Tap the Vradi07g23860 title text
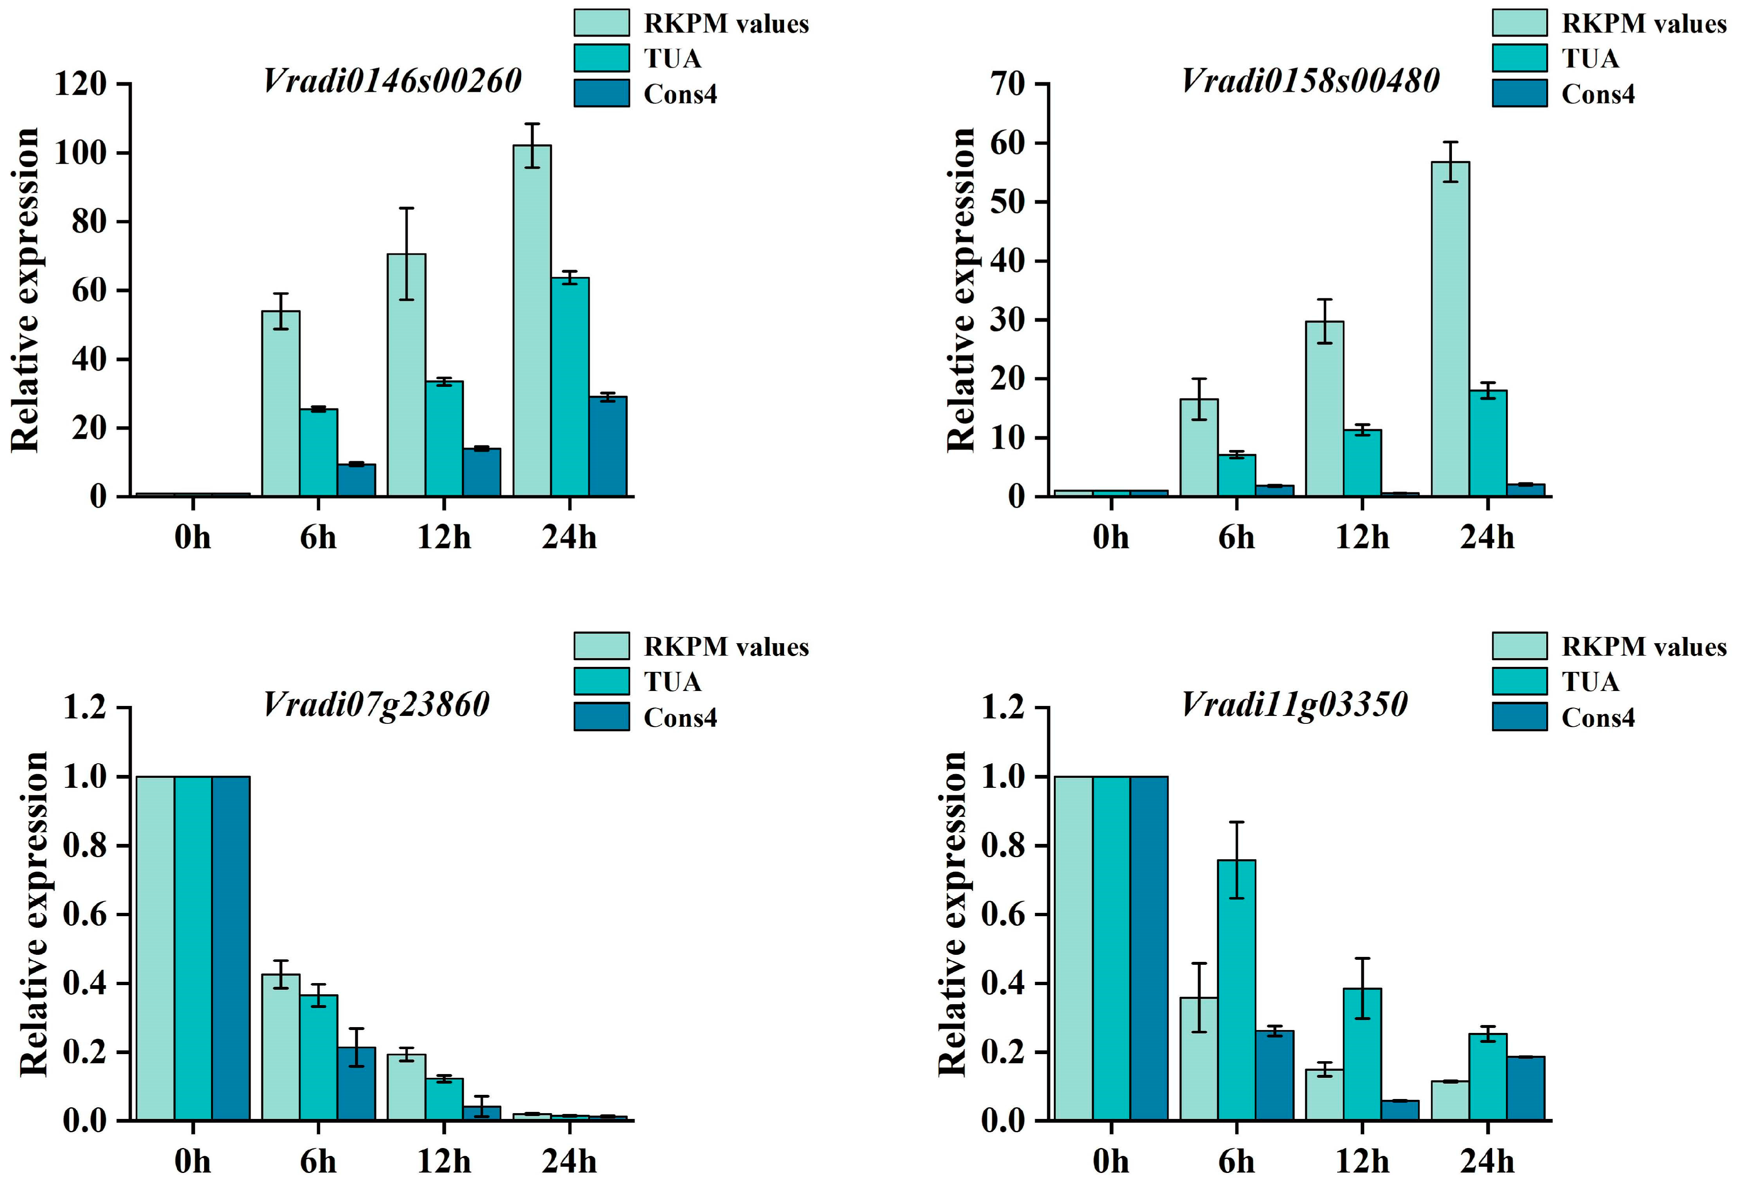point(376,704)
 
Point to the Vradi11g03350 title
point(1294,704)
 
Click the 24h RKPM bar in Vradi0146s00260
point(532,321)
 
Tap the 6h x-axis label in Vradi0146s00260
point(318,537)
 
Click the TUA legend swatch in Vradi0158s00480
point(1520,58)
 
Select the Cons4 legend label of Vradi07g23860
point(680,717)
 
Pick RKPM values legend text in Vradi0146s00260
point(726,24)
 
